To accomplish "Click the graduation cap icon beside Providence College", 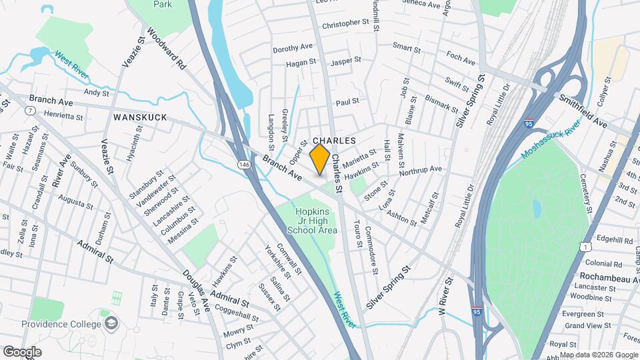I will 111,324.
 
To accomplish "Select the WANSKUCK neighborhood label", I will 139,117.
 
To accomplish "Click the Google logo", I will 22,351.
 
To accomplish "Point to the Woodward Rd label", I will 167,49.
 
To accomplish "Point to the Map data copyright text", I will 597,354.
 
